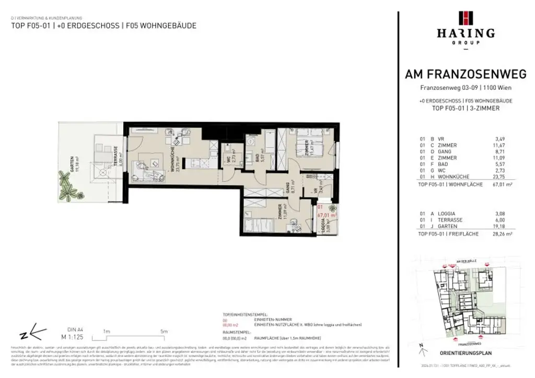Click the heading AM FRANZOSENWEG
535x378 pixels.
[466, 75]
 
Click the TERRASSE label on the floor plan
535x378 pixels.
[115, 154]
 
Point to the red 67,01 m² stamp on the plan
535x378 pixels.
[327, 214]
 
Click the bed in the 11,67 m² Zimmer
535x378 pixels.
[299, 147]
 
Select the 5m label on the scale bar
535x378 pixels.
[164, 332]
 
